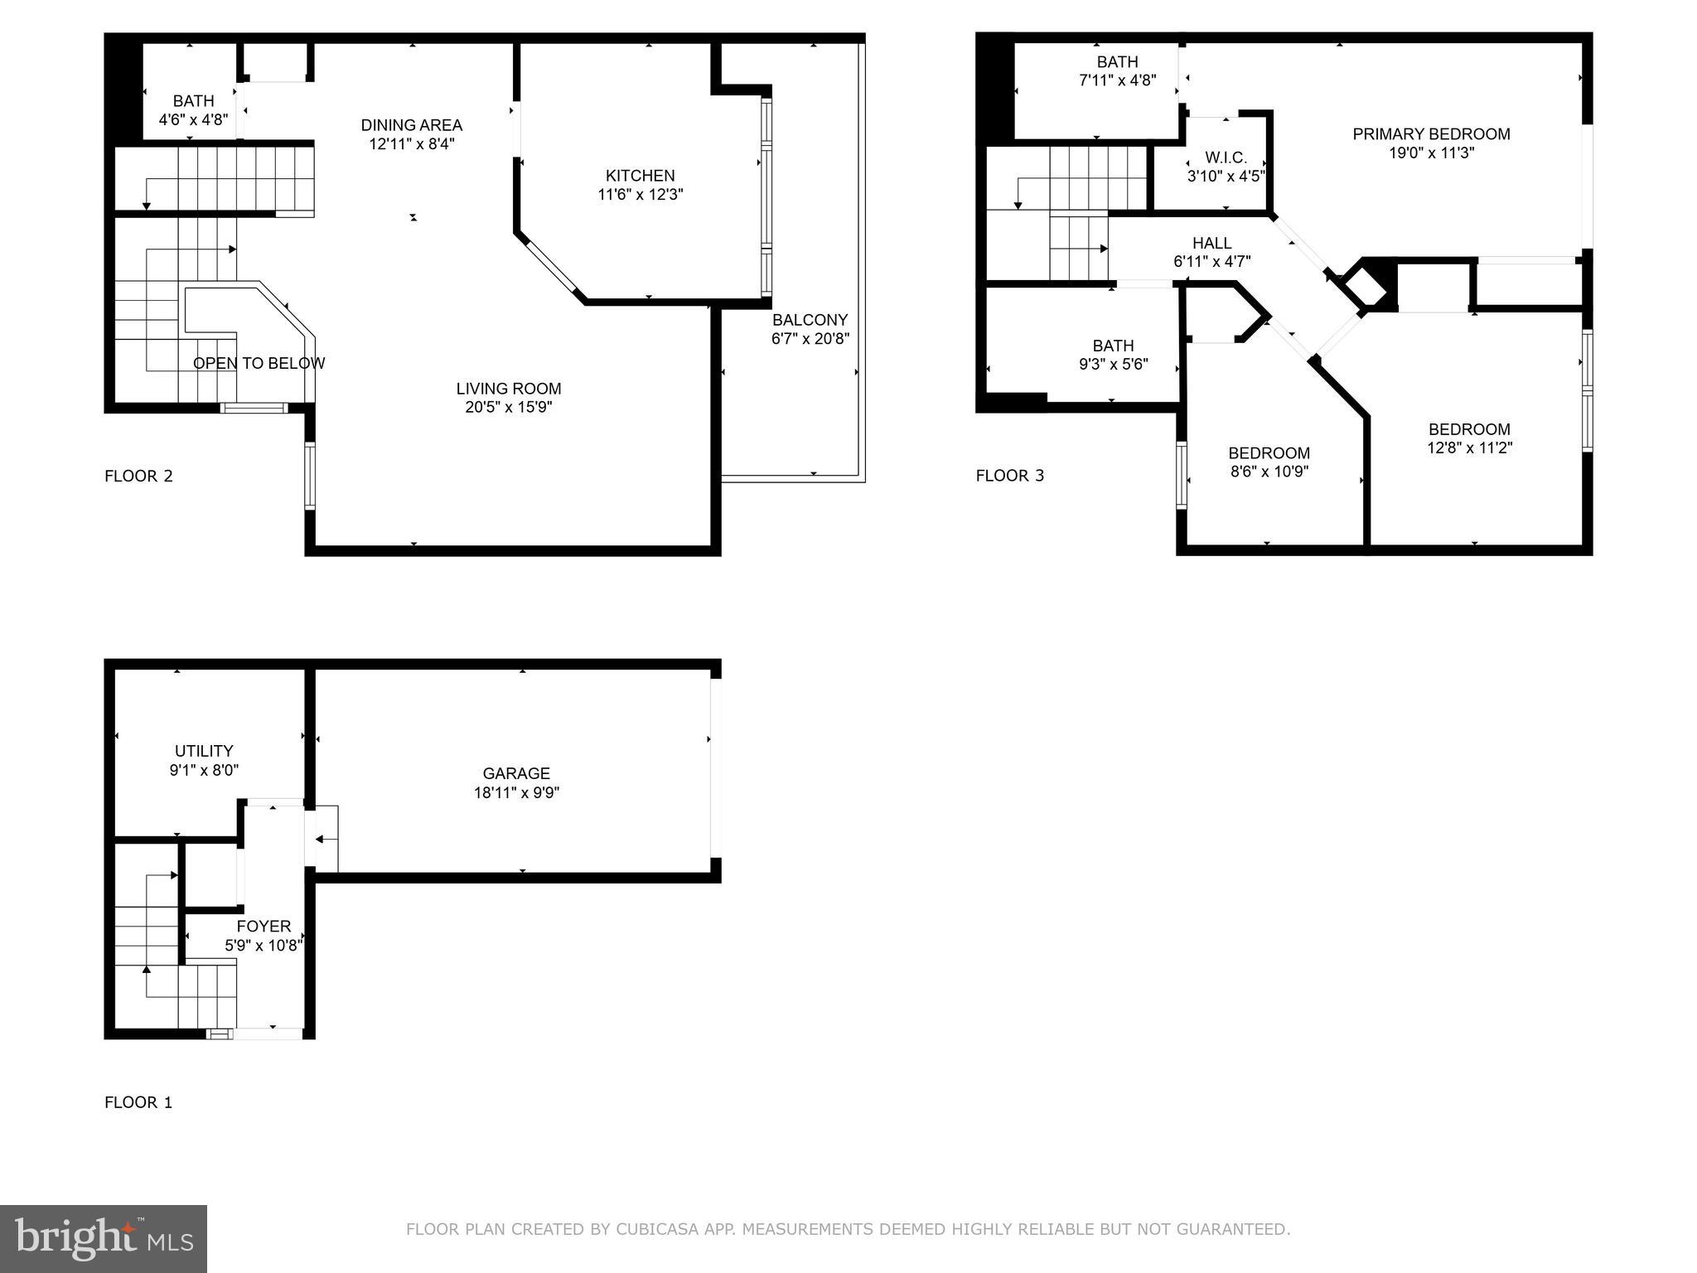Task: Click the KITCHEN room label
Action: (640, 176)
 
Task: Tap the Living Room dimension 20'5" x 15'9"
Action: (508, 407)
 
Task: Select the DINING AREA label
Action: (411, 125)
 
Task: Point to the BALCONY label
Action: (810, 320)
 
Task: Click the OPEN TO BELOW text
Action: (259, 363)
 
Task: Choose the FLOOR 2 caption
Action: (138, 476)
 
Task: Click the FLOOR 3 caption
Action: (1009, 476)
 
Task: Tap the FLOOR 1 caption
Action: (138, 1102)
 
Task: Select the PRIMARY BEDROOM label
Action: (1431, 134)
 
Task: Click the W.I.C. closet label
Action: (1226, 157)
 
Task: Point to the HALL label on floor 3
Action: (1211, 243)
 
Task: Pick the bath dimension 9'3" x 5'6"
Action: (1112, 364)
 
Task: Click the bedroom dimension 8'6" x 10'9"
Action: (1269, 472)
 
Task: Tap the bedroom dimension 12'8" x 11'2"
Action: (1468, 448)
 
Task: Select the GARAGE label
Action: (516, 773)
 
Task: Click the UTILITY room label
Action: (204, 751)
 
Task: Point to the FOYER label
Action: (263, 927)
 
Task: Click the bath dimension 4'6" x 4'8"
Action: (193, 119)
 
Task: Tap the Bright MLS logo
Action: (104, 1238)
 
